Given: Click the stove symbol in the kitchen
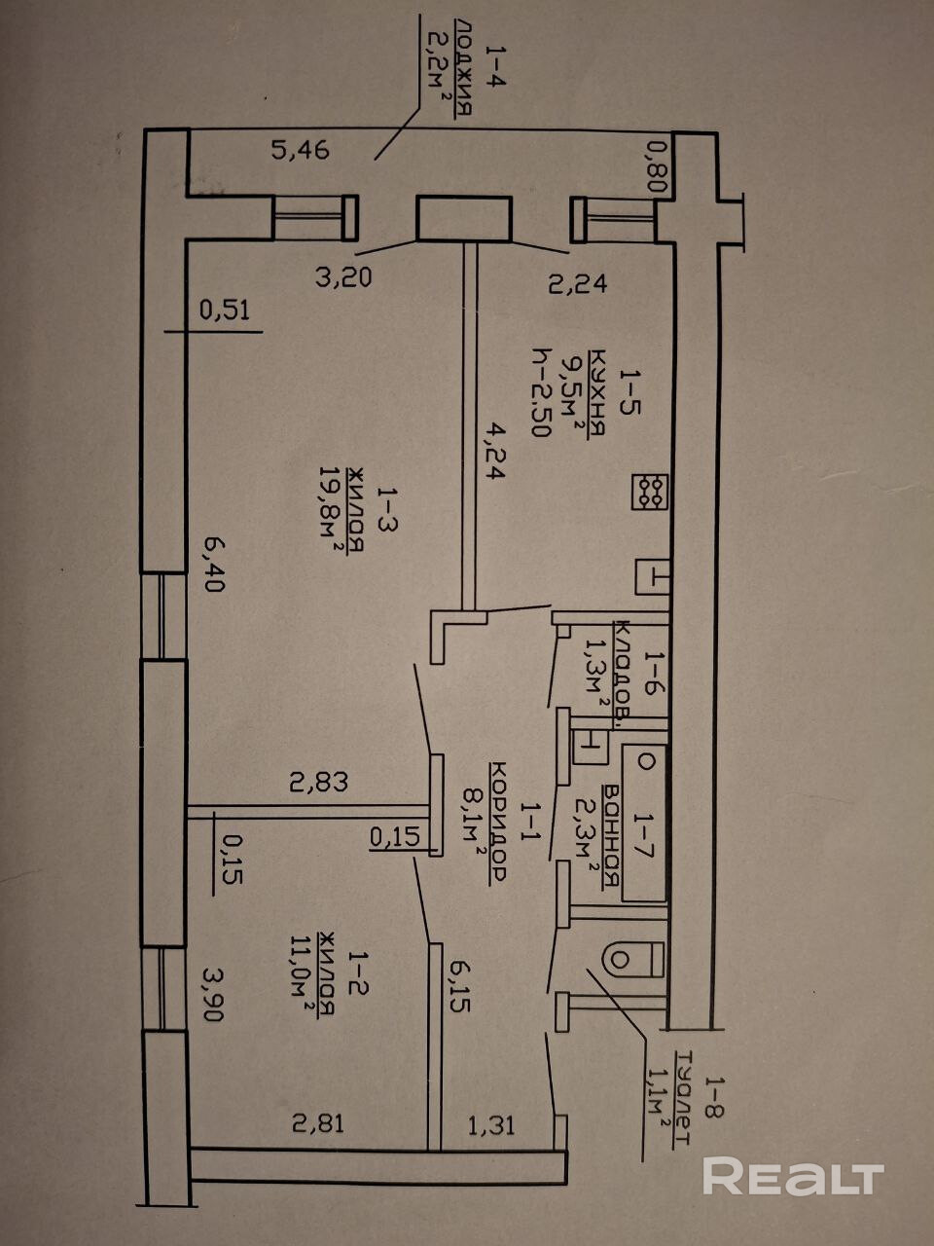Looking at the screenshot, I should point(649,490).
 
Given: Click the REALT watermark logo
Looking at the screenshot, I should point(793,1177).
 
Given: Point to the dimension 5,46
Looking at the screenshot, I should point(301,150).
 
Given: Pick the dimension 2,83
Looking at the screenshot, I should point(318,781).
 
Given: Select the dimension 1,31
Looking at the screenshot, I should point(491,1125).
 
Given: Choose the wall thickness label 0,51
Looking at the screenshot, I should point(225,311).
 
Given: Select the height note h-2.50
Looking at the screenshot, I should point(541,393).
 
